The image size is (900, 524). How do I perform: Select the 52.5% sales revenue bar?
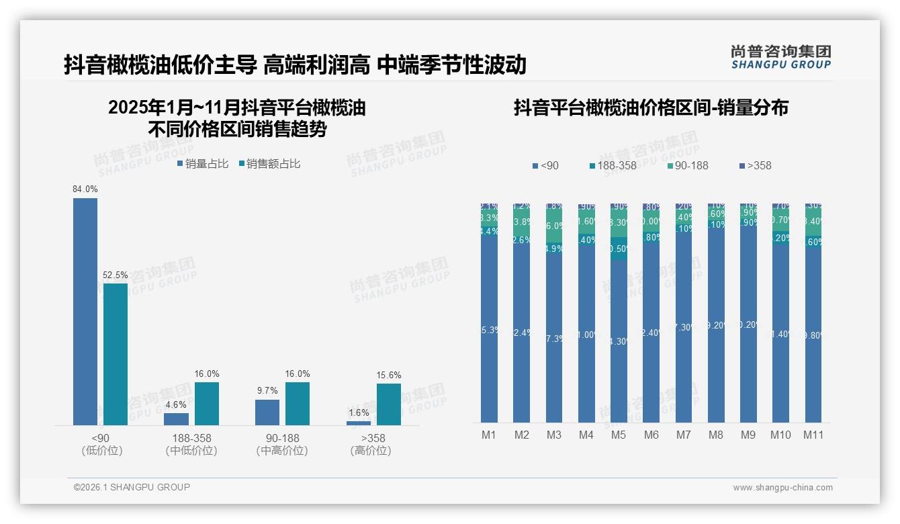pyautogui.click(x=116, y=354)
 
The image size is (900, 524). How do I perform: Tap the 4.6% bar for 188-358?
pyautogui.click(x=176, y=419)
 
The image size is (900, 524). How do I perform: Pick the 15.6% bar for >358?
pyautogui.click(x=388, y=404)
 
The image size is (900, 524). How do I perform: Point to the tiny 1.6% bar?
pyautogui.click(x=359, y=423)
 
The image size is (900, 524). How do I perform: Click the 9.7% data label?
pyautogui.click(x=267, y=390)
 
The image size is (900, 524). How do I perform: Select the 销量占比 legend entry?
pyautogui.click(x=203, y=164)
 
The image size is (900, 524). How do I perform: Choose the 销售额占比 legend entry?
pyautogui.click(x=269, y=164)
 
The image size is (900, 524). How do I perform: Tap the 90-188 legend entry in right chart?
pyautogui.click(x=688, y=165)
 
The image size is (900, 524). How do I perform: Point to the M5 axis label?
pyautogui.click(x=619, y=435)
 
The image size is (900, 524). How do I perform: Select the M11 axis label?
pyautogui.click(x=813, y=435)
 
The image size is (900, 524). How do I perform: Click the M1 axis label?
pyautogui.click(x=489, y=435)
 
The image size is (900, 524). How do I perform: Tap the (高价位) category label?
pyautogui.click(x=371, y=451)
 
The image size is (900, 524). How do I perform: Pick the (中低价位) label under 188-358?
pyautogui.click(x=191, y=451)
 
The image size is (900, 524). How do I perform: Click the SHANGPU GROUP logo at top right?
pyautogui.click(x=780, y=57)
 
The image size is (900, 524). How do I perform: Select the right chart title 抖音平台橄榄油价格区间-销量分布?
pyautogui.click(x=651, y=107)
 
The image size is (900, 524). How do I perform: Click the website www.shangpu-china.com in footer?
pyautogui.click(x=782, y=488)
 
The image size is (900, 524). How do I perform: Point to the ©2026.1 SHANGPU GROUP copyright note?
pyautogui.click(x=132, y=487)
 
